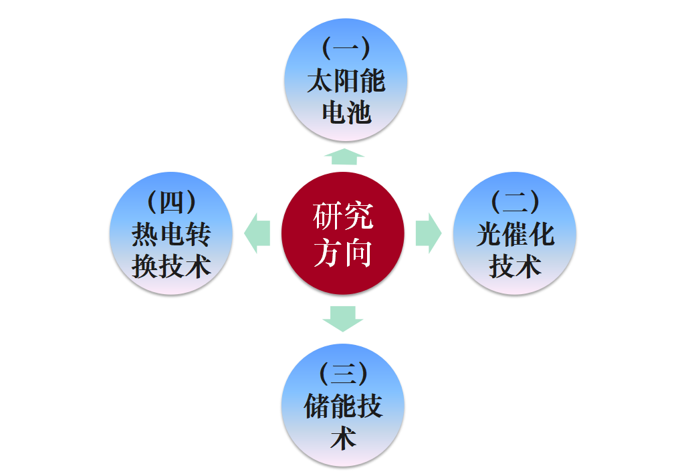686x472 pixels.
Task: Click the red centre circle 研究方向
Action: (342, 233)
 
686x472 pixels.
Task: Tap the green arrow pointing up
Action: (344, 156)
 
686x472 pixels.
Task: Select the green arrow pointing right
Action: (428, 233)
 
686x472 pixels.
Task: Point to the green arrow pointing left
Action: (257, 233)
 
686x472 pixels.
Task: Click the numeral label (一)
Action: (346, 48)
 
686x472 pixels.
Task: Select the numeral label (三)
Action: (343, 373)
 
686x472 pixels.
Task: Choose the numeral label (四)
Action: (171, 201)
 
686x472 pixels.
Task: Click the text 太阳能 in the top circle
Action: (346, 81)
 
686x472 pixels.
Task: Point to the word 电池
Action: (346, 113)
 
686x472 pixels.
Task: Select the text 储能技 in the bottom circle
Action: (343, 406)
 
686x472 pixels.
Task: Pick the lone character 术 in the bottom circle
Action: (343, 439)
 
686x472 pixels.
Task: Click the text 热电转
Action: (171, 234)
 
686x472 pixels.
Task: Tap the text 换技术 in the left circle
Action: (171, 266)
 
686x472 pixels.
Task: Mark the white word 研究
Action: (342, 217)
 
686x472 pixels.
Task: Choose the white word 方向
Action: (342, 253)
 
